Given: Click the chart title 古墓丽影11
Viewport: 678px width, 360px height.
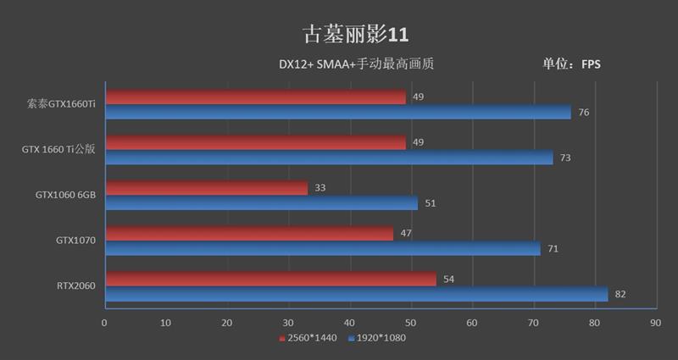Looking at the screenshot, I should (356, 34).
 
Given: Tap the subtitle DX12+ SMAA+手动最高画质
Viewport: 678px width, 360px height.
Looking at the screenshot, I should (356, 64).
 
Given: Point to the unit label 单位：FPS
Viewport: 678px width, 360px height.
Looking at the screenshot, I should (571, 64).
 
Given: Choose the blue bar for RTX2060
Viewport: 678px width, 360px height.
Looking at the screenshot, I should (356, 294).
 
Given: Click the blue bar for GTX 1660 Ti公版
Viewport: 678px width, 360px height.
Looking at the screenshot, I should (329, 158).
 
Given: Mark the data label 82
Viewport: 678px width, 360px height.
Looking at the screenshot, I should (620, 294).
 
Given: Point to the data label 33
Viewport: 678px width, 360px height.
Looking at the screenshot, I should (320, 188).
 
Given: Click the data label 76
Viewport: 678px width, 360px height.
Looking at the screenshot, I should (583, 113).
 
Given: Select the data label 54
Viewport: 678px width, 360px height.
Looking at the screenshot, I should (449, 279).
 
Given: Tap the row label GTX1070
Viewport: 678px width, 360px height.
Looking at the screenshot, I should (75, 241).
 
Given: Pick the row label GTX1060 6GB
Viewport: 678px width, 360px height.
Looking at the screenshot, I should (65, 195).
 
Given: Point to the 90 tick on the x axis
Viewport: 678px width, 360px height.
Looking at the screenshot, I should (654, 323).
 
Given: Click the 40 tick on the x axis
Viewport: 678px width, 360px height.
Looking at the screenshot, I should (349, 323).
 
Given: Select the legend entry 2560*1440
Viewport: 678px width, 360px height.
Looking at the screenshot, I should (310, 338).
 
